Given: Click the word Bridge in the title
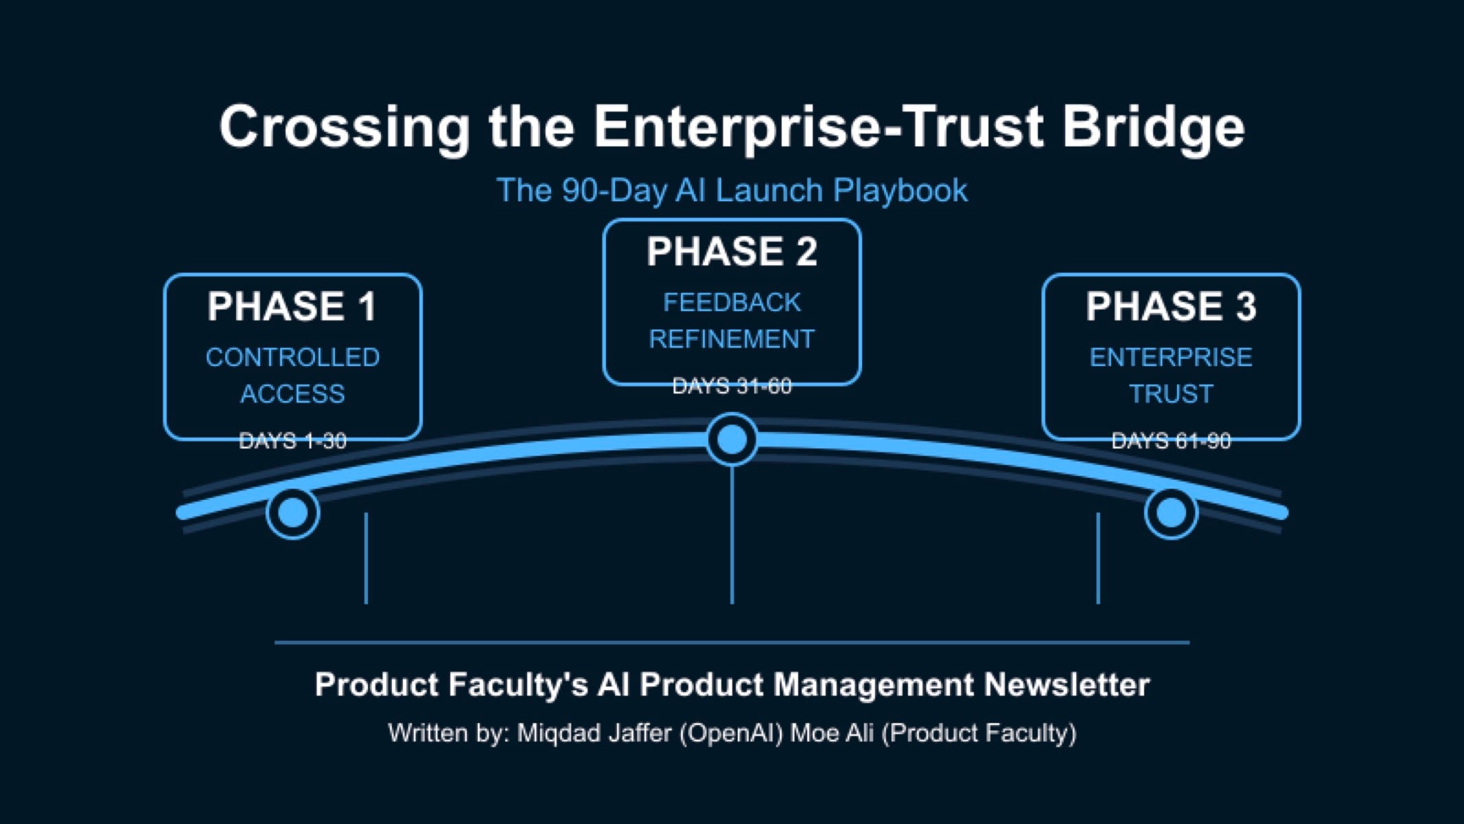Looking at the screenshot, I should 1153,127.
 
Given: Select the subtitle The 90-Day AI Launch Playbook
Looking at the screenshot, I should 732,190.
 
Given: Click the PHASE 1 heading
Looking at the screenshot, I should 292,306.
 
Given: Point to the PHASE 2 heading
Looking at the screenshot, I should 732,251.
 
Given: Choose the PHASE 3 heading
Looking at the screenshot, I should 1171,306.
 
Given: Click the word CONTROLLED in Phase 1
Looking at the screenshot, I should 292,357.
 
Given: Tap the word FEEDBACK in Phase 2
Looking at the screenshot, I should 732,302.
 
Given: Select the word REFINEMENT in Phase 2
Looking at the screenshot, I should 732,339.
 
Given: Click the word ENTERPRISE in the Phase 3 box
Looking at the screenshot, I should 1171,357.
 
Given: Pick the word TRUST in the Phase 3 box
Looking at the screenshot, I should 1171,394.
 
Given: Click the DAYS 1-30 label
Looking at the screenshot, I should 292,441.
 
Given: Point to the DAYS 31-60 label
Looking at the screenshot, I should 732,387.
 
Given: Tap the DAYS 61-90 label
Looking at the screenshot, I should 1171,441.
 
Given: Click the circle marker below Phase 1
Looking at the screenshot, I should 293,512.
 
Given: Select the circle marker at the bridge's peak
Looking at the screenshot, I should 732,439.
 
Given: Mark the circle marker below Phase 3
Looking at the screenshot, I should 1171,512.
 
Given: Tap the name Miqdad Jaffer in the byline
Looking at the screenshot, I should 594,733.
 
